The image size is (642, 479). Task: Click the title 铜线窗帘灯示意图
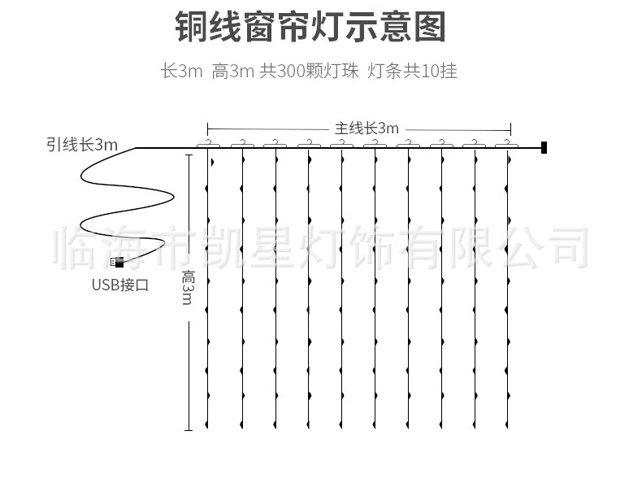pos(310,27)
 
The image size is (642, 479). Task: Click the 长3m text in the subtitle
pos(181,72)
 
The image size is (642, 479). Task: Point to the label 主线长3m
pos(367,128)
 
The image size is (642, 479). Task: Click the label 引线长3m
pos(81,146)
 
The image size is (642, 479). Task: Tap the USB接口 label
pos(119,285)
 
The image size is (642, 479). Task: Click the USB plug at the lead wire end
pos(117,263)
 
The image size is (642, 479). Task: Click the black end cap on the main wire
pos(544,148)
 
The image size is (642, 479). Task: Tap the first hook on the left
pos(210,144)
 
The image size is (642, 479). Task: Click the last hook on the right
pos(508,144)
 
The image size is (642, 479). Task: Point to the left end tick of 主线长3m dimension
pos(208,128)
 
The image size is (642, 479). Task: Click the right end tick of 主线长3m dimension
pos(510,128)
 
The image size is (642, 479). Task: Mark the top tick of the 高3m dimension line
pos(189,155)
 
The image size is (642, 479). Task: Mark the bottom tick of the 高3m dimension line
pos(189,430)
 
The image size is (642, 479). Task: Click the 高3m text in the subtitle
pos(232,72)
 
